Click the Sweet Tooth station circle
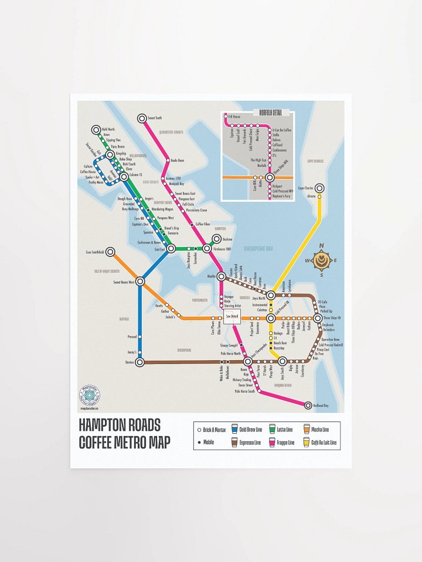coord(142,118)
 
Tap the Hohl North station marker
coord(96,129)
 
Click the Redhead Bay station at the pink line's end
coord(308,405)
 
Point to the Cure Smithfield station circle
coord(109,252)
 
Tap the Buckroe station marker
coord(217,239)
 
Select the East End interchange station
coord(171,249)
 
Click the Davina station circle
coord(140,362)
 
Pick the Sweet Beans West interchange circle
coord(140,282)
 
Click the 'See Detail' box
coord(232,317)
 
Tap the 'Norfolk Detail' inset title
coord(267,112)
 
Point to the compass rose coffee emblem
coord(320,260)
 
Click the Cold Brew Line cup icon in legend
coord(235,430)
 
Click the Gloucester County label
coord(169,133)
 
